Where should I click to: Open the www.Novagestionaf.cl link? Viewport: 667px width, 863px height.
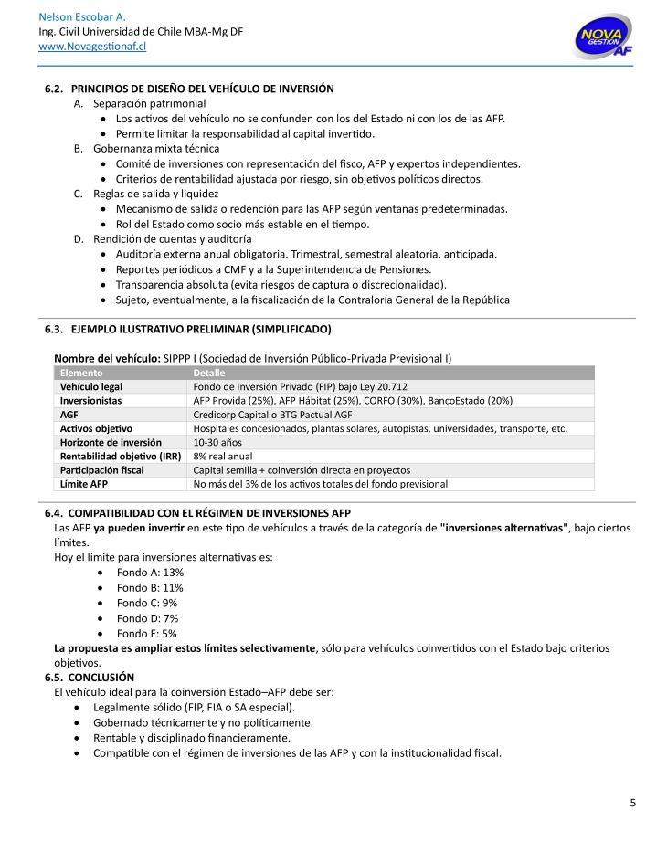pyautogui.click(x=92, y=47)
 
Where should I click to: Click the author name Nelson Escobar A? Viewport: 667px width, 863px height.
pyautogui.click(x=82, y=17)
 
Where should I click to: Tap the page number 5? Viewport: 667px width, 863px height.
pyautogui.click(x=632, y=803)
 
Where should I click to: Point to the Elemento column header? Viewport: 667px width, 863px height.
pyautogui.click(x=81, y=373)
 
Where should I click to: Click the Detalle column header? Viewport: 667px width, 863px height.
pyautogui.click(x=209, y=373)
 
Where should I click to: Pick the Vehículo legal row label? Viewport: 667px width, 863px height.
pyautogui.click(x=92, y=386)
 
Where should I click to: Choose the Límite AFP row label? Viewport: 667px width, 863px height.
pyautogui.click(x=84, y=484)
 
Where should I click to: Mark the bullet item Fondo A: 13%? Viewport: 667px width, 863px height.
pyautogui.click(x=150, y=572)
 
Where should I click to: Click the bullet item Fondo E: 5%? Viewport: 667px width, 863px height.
pyautogui.click(x=147, y=633)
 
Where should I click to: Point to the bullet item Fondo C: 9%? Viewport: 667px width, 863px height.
pyautogui.click(x=147, y=603)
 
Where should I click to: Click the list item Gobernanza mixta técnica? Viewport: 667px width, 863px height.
pyautogui.click(x=156, y=148)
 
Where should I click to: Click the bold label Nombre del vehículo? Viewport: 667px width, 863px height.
pyautogui.click(x=107, y=358)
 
